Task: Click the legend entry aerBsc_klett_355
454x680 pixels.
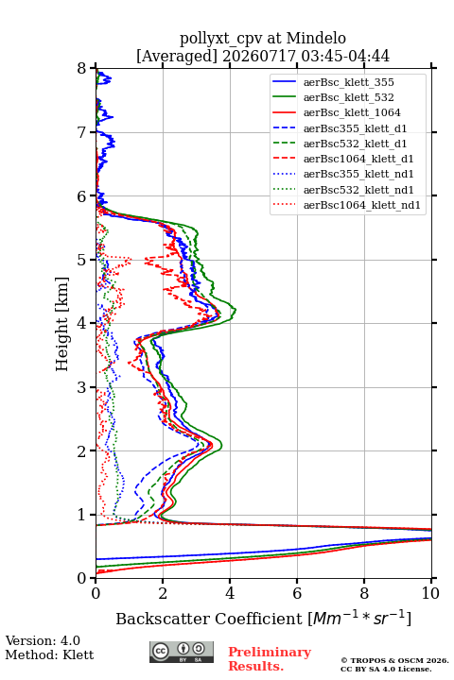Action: [348, 82]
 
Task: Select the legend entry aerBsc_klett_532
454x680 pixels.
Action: [348, 97]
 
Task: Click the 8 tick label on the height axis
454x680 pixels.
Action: [82, 68]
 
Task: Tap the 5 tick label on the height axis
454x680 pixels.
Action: [82, 260]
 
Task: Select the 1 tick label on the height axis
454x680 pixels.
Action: [82, 515]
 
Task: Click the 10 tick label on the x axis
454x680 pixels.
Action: [430, 593]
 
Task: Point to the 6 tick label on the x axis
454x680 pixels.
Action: [297, 593]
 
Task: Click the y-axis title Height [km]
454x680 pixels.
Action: [62, 324]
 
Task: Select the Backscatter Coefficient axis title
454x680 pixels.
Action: [263, 618]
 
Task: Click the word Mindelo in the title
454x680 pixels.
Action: [316, 38]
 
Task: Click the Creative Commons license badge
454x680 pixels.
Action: [182, 652]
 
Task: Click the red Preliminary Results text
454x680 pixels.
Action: [270, 659]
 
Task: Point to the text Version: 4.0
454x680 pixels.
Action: [43, 640]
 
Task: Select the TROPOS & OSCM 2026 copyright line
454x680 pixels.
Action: [394, 660]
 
